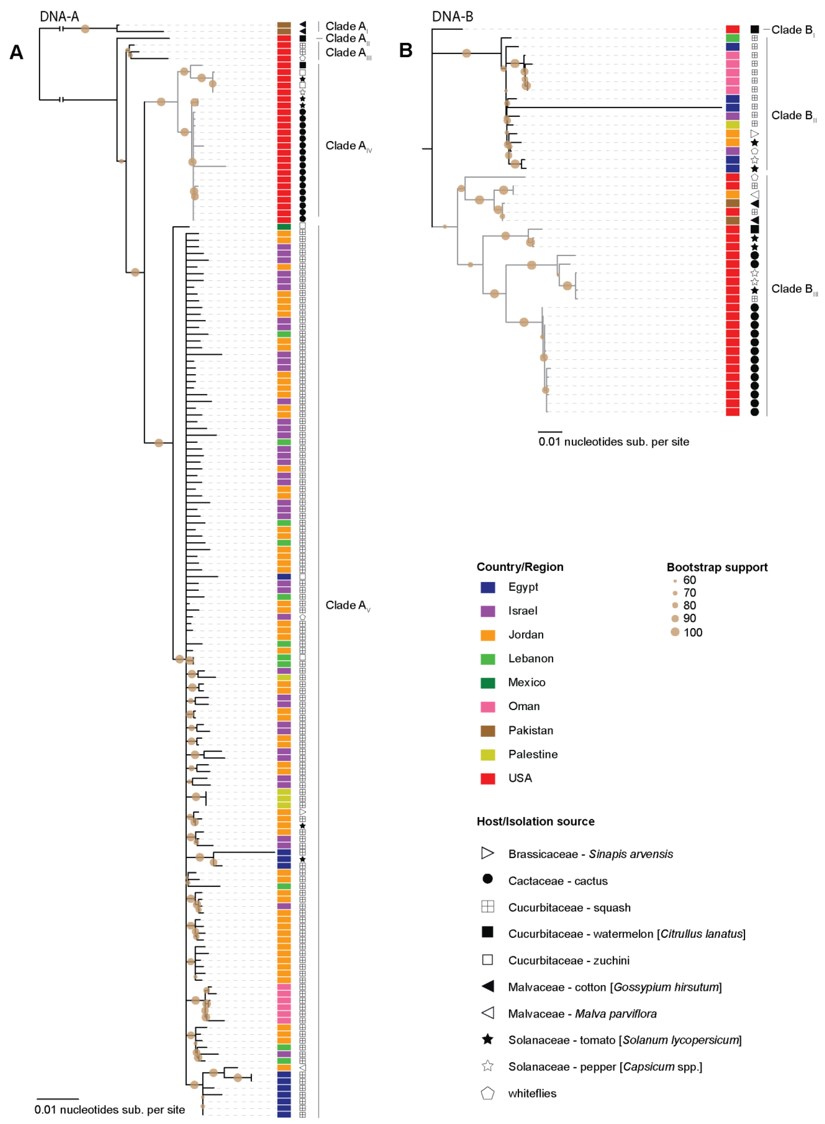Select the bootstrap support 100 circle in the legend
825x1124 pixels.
click(675, 632)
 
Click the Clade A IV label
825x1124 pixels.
click(348, 146)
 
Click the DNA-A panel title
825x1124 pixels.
click(59, 17)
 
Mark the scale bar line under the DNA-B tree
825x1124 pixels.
click(550, 431)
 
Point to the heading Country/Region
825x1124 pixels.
click(520, 567)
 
